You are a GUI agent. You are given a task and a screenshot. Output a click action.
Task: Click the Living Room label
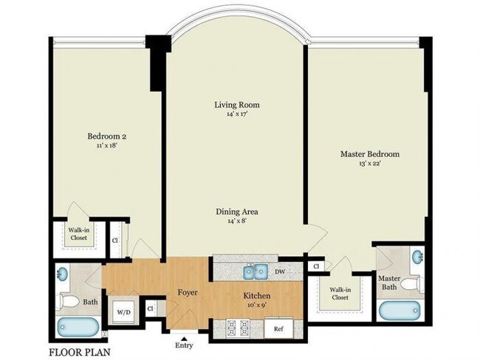pyautogui.click(x=236, y=105)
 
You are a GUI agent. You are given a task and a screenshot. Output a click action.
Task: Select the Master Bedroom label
pyautogui.click(x=369, y=153)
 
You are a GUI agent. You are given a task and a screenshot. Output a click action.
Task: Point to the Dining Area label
pyautogui.click(x=236, y=212)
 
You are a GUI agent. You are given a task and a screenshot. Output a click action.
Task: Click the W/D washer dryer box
pyautogui.click(x=123, y=311)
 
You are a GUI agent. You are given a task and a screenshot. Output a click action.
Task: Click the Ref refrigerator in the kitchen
pyautogui.click(x=278, y=329)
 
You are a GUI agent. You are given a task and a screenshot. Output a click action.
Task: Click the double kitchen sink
pyautogui.click(x=256, y=272)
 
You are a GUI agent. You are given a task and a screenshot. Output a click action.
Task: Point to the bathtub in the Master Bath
pyautogui.click(x=399, y=309)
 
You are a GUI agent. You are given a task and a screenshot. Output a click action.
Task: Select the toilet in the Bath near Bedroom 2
pyautogui.click(x=69, y=300)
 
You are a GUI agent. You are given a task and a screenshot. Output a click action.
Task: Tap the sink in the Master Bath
pyautogui.click(x=417, y=257)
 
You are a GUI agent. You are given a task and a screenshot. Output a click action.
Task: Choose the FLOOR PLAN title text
pyautogui.click(x=80, y=352)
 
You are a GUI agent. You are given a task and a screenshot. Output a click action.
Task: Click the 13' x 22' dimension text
pyautogui.click(x=369, y=163)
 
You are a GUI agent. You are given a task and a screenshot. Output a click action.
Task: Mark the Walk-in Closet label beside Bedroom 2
pyautogui.click(x=79, y=235)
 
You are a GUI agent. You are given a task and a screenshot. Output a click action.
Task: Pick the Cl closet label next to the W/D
pyautogui.click(x=151, y=309)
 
